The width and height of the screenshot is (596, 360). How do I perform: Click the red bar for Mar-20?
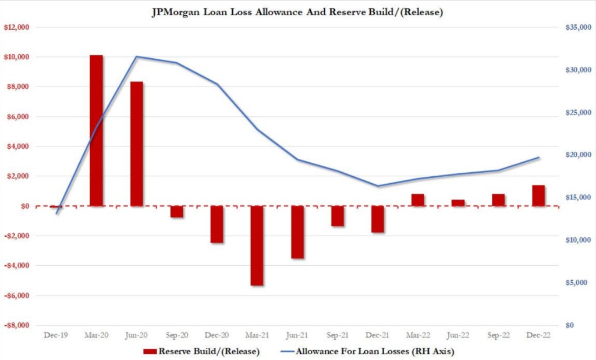click(96, 130)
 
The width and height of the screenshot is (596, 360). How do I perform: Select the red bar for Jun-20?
click(137, 144)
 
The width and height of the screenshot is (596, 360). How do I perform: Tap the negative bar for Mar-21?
click(257, 245)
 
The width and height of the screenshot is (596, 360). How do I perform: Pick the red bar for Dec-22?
click(538, 195)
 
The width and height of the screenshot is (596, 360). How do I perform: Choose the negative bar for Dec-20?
click(217, 224)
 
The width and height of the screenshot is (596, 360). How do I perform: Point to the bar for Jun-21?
click(297, 232)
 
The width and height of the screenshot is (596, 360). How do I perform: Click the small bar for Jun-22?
click(458, 203)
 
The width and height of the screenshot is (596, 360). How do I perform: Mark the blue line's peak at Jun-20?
click(137, 56)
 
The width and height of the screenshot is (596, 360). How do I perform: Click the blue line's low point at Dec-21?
click(378, 186)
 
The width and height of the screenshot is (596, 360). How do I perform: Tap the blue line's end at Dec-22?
click(538, 158)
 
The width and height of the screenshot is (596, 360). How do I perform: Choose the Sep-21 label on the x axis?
click(338, 335)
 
